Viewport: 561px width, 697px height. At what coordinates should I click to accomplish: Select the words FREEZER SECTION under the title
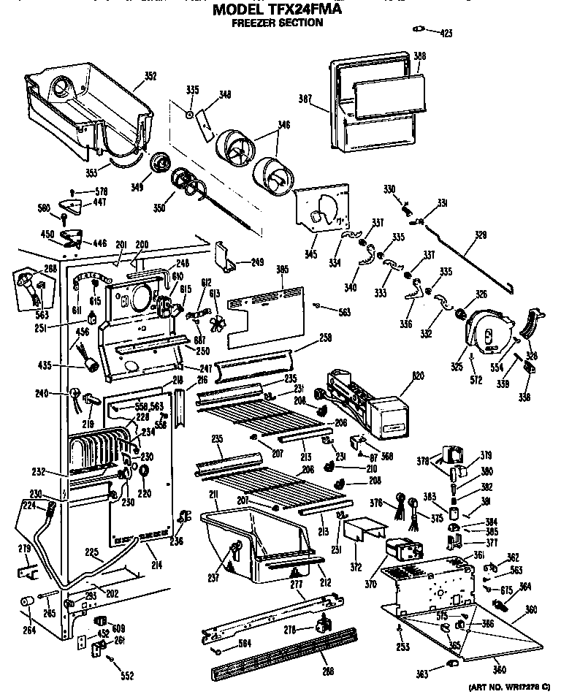[x=277, y=23]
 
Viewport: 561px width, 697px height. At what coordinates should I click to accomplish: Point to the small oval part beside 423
[x=419, y=29]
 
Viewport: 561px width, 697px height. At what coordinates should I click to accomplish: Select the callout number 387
[x=306, y=99]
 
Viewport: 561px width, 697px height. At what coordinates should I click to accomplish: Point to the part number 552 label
[x=127, y=676]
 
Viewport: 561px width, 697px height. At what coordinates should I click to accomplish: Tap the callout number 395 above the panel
[x=283, y=270]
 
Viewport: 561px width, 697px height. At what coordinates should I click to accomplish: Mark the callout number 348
[x=225, y=94]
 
